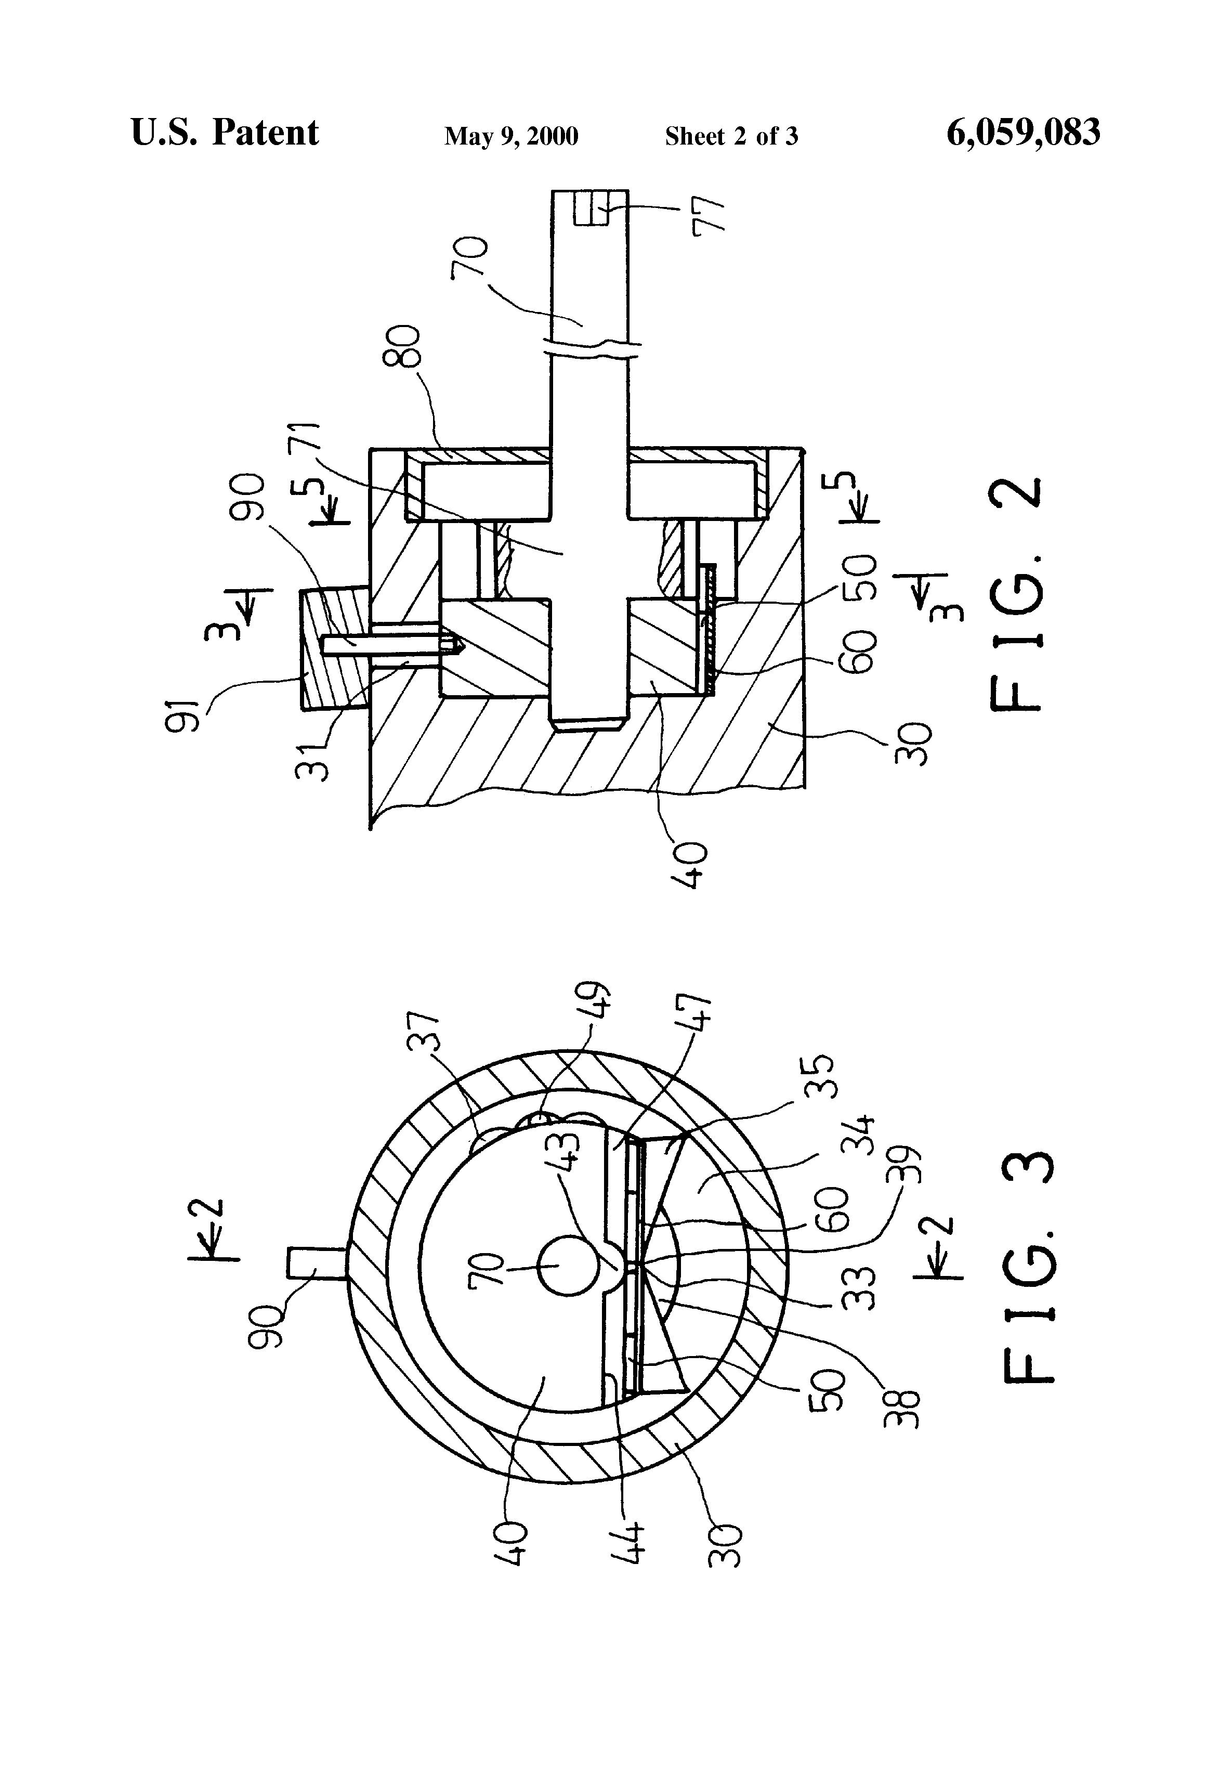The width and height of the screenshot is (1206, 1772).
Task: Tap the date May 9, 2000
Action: click(511, 136)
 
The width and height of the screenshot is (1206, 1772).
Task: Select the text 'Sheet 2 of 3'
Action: click(731, 136)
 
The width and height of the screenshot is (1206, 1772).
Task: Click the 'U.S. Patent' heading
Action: click(225, 132)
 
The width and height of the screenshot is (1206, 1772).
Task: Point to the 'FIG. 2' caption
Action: click(1016, 594)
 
